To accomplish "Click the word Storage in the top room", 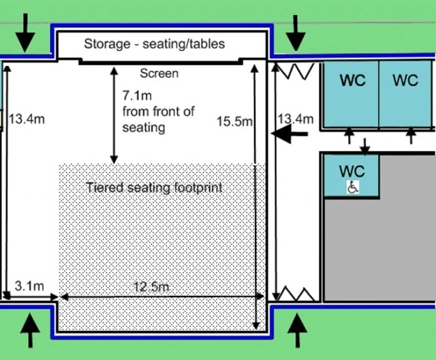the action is (107, 44).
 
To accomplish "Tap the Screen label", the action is (159, 74).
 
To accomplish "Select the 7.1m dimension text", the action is (137, 95).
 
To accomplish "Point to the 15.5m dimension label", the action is (234, 121).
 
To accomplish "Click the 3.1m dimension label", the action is (29, 286).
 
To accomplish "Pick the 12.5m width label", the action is (151, 287).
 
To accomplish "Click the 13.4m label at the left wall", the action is (27, 119).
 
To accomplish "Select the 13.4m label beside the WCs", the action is (296, 119).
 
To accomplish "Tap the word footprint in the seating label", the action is (198, 188).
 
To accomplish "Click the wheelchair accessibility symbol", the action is (353, 187).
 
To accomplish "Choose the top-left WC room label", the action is (352, 80).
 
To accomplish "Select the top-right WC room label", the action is (405, 80).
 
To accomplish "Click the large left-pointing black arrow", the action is (289, 134).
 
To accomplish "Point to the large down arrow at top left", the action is (25, 33).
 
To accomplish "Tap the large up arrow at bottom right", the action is (297, 331).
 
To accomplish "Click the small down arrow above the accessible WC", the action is (365, 147).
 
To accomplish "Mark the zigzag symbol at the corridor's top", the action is (296, 72).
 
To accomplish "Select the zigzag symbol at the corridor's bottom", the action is (296, 295).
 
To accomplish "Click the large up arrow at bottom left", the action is (30, 331).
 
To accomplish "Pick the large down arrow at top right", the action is (296, 33).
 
